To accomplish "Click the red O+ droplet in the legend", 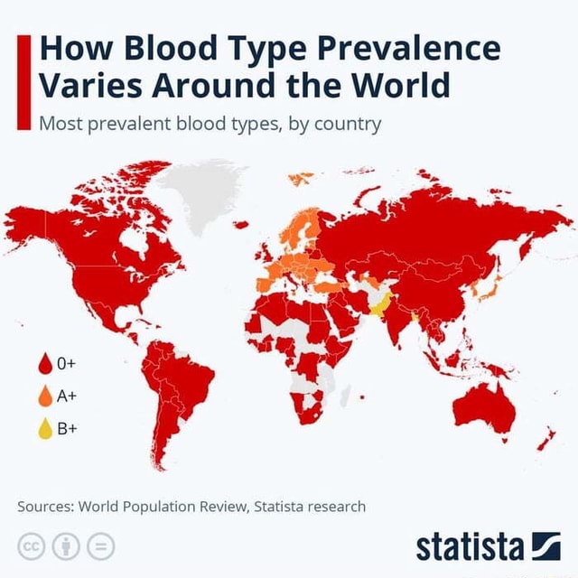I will tap(44, 365).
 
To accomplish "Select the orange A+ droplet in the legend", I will tap(44, 396).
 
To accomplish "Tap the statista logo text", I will tap(470, 545).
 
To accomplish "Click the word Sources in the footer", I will tap(45, 506).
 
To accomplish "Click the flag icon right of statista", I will tap(545, 545).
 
